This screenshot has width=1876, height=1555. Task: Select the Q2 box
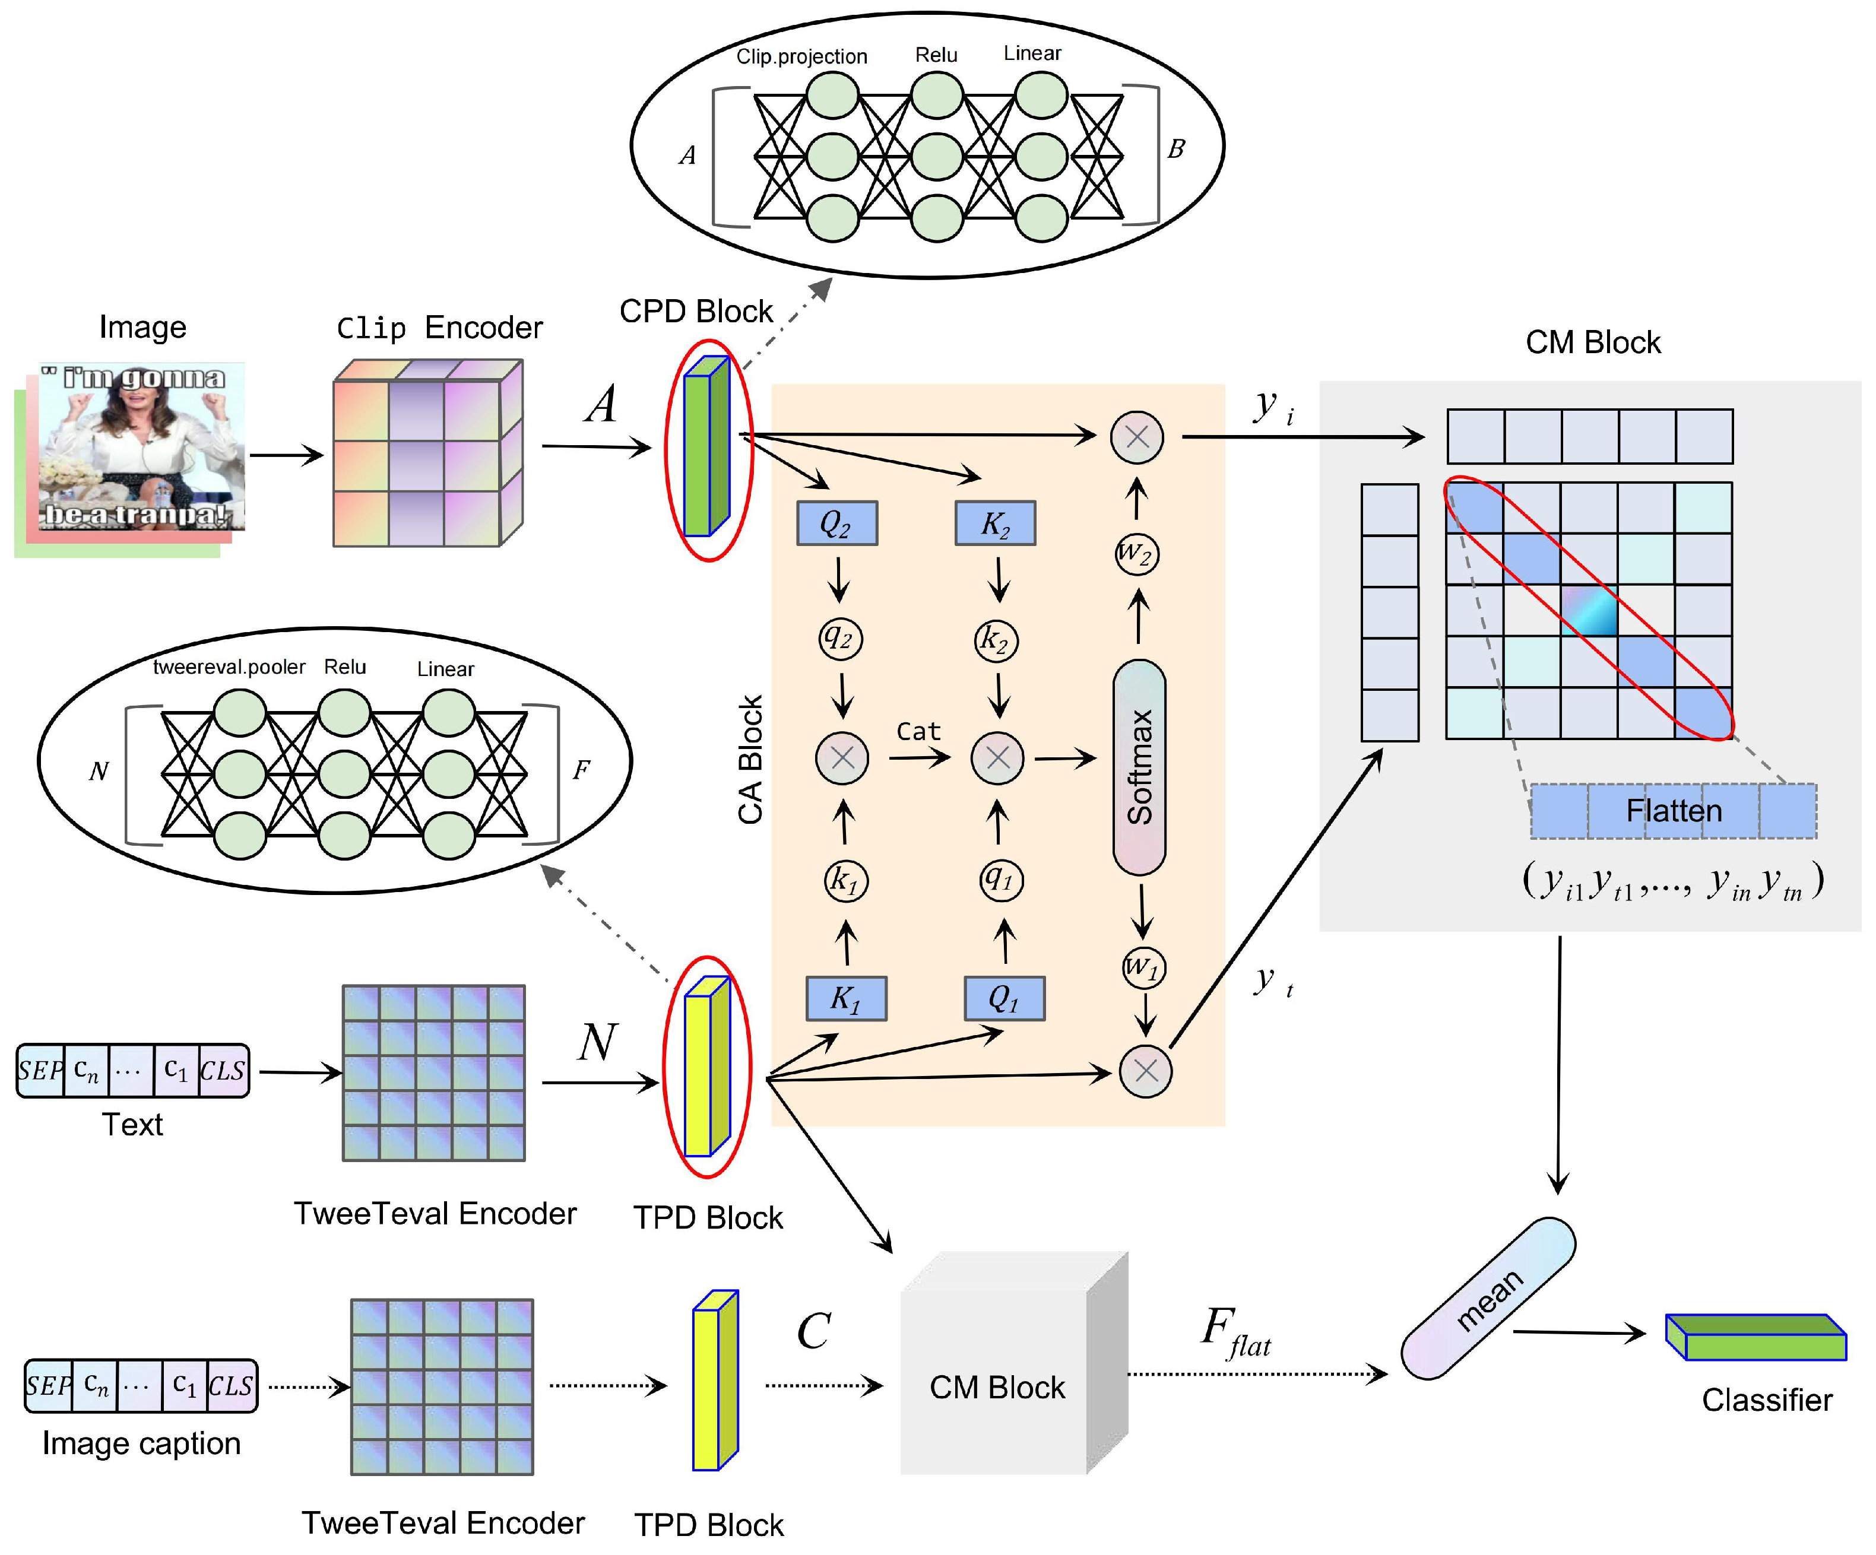836,523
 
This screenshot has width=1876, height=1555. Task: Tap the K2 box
995,523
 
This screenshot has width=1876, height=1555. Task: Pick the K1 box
845,998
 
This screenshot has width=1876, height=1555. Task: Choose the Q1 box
1003,998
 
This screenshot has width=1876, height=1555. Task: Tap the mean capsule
1487,1299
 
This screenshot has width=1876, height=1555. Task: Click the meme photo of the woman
141,446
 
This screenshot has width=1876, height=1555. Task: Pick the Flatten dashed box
1672,811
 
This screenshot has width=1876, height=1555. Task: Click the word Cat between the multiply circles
918,731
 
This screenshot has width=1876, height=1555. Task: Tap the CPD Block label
696,312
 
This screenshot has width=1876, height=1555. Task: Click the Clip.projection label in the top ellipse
801,57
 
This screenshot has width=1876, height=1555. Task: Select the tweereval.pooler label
229,667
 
